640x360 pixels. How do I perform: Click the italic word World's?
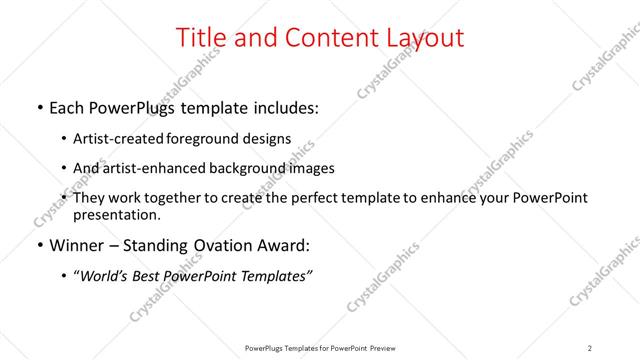click(x=105, y=276)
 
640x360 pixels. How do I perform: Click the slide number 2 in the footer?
click(x=590, y=348)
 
